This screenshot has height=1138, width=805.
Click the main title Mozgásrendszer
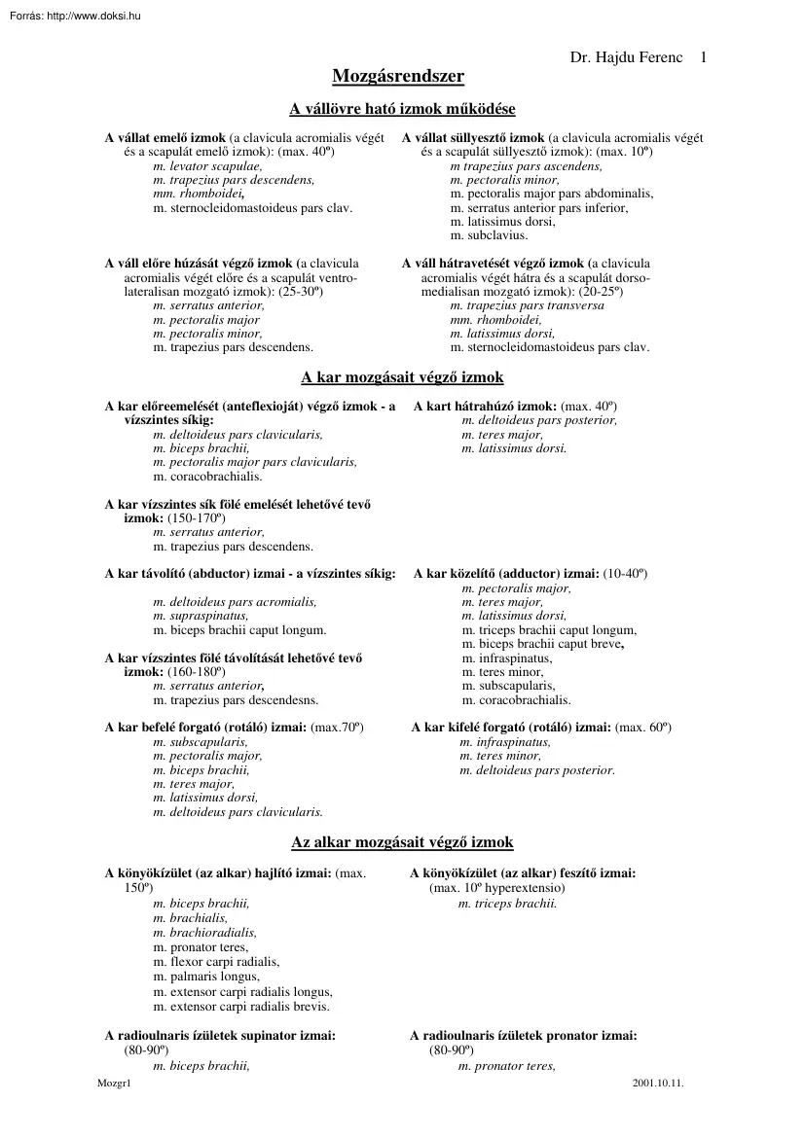(x=398, y=77)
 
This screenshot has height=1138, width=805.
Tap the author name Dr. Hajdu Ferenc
(x=628, y=57)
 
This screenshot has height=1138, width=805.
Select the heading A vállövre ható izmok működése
(x=402, y=109)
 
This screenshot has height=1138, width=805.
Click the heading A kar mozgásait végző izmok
(x=402, y=377)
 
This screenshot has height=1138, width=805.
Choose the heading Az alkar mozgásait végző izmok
(x=402, y=841)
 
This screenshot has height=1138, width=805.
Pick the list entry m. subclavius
(x=489, y=234)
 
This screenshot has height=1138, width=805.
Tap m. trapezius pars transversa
(x=527, y=305)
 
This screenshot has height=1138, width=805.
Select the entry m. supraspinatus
(x=201, y=616)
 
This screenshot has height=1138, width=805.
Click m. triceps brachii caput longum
(x=550, y=630)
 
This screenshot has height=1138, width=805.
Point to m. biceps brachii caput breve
(x=542, y=644)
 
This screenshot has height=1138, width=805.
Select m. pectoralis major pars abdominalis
(x=552, y=194)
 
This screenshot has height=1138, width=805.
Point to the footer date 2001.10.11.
(x=658, y=1082)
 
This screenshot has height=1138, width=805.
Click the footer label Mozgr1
(x=114, y=1082)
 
